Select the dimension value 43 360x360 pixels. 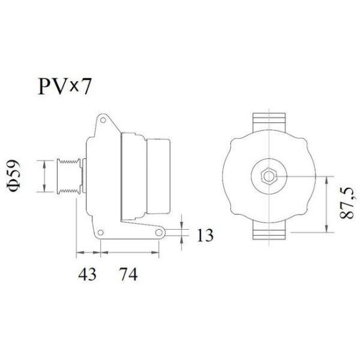[87, 274]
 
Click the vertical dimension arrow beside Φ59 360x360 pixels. [44, 175]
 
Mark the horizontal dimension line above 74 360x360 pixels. [129, 251]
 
